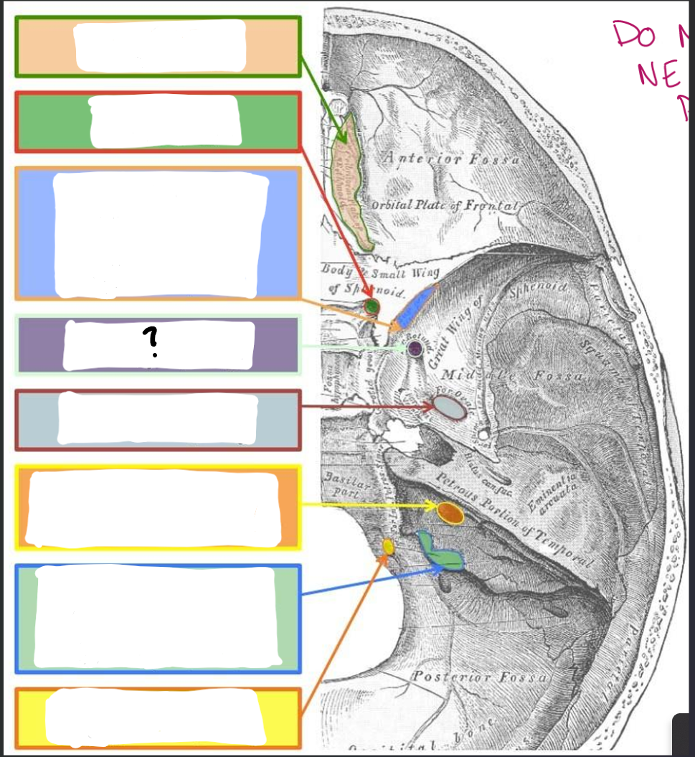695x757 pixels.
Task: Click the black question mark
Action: click(x=150, y=343)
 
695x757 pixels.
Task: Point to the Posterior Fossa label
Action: click(x=481, y=677)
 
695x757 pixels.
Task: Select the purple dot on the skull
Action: click(x=415, y=349)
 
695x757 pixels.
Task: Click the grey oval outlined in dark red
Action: click(x=450, y=408)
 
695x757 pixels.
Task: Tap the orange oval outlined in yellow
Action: click(x=450, y=512)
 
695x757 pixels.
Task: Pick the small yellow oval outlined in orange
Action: click(x=388, y=547)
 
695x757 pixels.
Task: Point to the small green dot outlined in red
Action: click(x=371, y=307)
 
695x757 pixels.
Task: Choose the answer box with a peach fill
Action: click(x=158, y=46)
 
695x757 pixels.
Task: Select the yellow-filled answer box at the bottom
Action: click(x=158, y=718)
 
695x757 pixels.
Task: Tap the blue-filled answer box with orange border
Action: click(x=158, y=234)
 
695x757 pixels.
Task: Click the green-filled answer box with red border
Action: click(x=158, y=121)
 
